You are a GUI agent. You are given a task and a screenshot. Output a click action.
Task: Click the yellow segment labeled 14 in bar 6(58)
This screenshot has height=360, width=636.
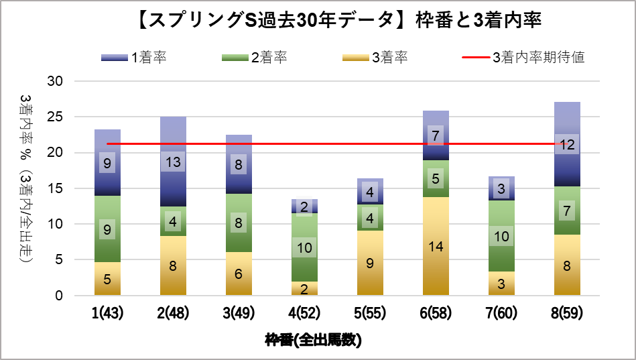pyautogui.click(x=436, y=246)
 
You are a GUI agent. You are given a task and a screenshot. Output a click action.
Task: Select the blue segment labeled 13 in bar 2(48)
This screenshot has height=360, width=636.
pyautogui.click(x=173, y=162)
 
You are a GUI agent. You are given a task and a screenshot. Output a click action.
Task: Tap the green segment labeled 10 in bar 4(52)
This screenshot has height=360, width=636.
pyautogui.click(x=304, y=247)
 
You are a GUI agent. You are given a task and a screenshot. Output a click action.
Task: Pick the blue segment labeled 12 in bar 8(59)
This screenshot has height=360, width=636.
pyautogui.click(x=567, y=144)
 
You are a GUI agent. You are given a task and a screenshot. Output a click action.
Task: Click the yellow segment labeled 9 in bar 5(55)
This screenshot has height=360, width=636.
pyautogui.click(x=370, y=263)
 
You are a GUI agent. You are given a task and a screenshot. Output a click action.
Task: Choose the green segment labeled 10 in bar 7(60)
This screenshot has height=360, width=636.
pyautogui.click(x=501, y=236)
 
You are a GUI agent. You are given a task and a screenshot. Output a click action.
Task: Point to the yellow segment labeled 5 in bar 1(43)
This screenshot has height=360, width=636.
pyautogui.click(x=107, y=279)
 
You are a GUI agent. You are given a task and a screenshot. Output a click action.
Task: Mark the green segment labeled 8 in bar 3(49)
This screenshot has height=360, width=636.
pyautogui.click(x=239, y=223)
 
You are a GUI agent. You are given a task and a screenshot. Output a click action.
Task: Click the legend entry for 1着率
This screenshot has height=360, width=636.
pyautogui.click(x=134, y=58)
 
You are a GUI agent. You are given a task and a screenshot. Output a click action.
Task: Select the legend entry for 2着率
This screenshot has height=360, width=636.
pyautogui.click(x=255, y=58)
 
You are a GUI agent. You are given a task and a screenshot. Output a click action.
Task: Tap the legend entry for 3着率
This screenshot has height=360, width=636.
pyautogui.click(x=375, y=58)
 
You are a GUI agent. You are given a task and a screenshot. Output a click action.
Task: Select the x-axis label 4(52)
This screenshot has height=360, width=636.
pyautogui.click(x=304, y=314)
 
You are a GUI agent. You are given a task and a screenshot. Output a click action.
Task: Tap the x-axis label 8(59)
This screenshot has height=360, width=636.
pyautogui.click(x=567, y=314)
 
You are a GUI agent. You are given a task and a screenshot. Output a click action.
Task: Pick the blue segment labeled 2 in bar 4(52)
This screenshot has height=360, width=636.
pyautogui.click(x=304, y=206)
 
